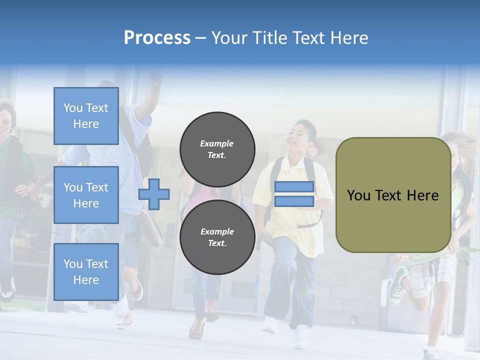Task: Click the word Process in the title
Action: click(x=157, y=37)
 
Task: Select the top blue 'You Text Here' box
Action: click(x=86, y=116)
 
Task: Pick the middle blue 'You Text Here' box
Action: click(x=86, y=195)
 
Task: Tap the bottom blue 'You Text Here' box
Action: click(x=86, y=271)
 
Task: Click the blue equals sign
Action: click(x=294, y=194)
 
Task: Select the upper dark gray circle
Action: click(x=217, y=149)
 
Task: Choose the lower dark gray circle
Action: click(x=217, y=237)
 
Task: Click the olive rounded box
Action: click(x=393, y=195)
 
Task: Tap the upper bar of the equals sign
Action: click(x=294, y=187)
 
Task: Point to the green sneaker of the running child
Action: click(x=399, y=285)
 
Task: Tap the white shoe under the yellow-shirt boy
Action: click(x=301, y=337)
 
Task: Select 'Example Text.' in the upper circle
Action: click(x=217, y=149)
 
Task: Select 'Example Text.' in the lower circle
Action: click(x=217, y=237)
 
